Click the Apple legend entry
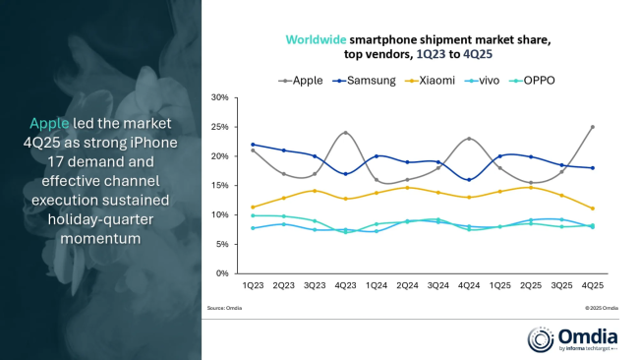click(302, 80)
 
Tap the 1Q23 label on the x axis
click(254, 284)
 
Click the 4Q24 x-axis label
click(469, 284)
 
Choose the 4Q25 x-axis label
click(592, 284)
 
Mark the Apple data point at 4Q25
click(592, 127)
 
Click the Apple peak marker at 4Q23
click(345, 133)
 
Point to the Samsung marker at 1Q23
click(254, 145)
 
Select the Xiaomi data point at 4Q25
click(592, 209)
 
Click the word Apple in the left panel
click(49, 123)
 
